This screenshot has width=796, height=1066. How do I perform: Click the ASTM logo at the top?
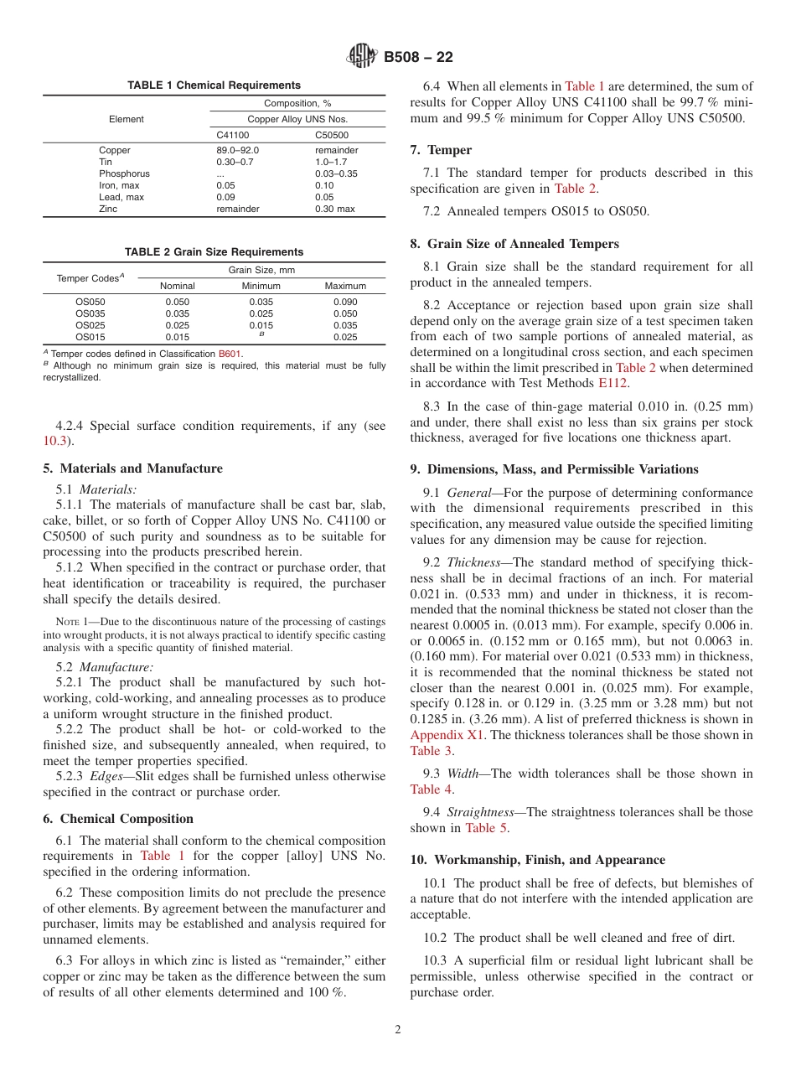pos(362,57)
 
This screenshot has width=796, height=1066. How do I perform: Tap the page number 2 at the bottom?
pos(398,1029)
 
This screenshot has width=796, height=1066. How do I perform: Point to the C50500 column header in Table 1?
pos(332,134)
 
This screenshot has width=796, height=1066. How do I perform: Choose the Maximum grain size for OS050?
pos(345,302)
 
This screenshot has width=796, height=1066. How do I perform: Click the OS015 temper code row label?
pos(90,337)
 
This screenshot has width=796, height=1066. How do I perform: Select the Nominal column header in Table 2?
pos(177,286)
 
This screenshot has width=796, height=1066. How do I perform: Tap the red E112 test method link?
pos(613,383)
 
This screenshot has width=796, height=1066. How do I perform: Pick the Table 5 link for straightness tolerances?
pos(486,828)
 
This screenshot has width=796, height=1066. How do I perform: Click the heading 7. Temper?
pos(441,150)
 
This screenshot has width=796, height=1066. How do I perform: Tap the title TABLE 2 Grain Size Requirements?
pos(214,251)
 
